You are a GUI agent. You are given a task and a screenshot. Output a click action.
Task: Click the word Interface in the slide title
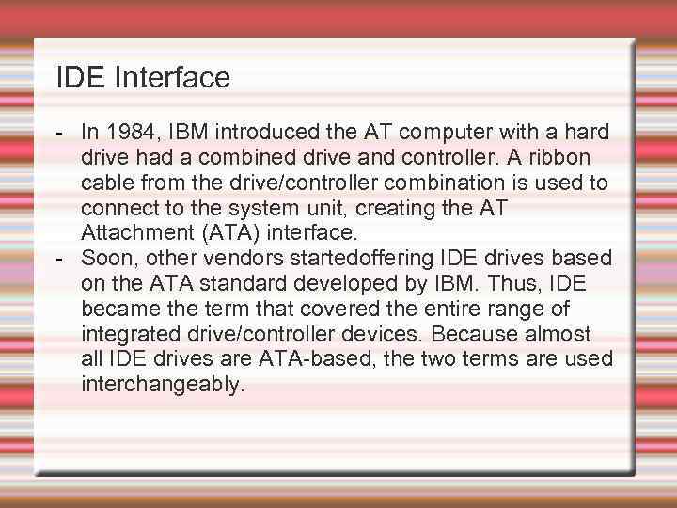[172, 78]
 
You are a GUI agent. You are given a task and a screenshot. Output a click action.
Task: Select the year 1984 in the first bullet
[132, 132]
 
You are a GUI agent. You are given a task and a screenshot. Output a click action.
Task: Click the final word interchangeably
[162, 384]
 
